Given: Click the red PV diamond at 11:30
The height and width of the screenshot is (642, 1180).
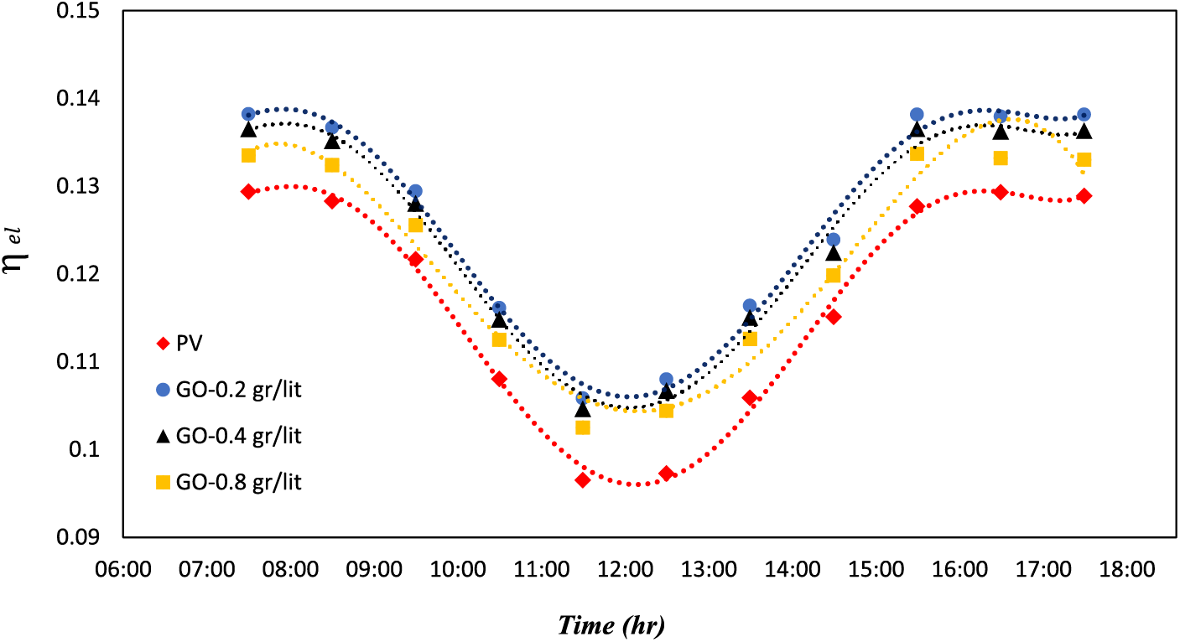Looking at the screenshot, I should point(583,480).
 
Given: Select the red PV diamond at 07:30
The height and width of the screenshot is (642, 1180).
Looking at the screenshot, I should point(248,192).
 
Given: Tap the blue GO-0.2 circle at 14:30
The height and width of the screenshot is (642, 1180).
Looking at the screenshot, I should point(833,240).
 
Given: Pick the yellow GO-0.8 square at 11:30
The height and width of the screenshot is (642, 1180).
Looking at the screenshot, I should point(583,427).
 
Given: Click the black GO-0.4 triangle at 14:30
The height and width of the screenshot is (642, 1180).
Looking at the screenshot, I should point(833,253).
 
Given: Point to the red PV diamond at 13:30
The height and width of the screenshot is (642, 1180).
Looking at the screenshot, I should point(750,398).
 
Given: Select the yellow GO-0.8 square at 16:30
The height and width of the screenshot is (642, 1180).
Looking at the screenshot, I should point(1001,158).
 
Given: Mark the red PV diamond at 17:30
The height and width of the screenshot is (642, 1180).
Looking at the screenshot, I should point(1084,196).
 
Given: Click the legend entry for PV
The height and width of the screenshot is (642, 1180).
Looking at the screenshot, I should point(185,343).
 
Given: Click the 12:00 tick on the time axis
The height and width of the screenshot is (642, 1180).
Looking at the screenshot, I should point(624,571).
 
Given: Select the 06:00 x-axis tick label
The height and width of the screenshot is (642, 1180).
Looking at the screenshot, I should point(123,571).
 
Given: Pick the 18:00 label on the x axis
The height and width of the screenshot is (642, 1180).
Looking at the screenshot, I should point(1125,571).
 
